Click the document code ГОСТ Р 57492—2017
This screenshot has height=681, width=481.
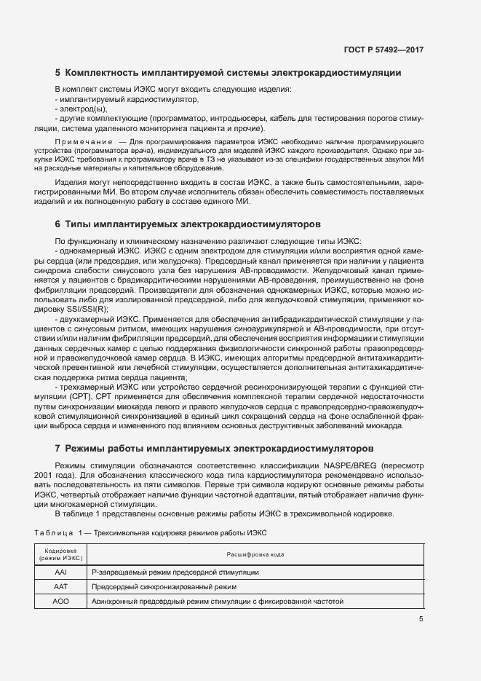[x=383, y=50]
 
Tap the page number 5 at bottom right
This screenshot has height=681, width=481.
[x=421, y=619]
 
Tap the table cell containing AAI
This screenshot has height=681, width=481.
[x=60, y=572]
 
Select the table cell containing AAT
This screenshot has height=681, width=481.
[x=60, y=586]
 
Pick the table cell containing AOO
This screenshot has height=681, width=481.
[x=60, y=601]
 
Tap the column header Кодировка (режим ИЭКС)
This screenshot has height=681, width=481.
[x=60, y=554]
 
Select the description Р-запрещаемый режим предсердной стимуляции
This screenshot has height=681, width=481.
[x=175, y=572]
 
